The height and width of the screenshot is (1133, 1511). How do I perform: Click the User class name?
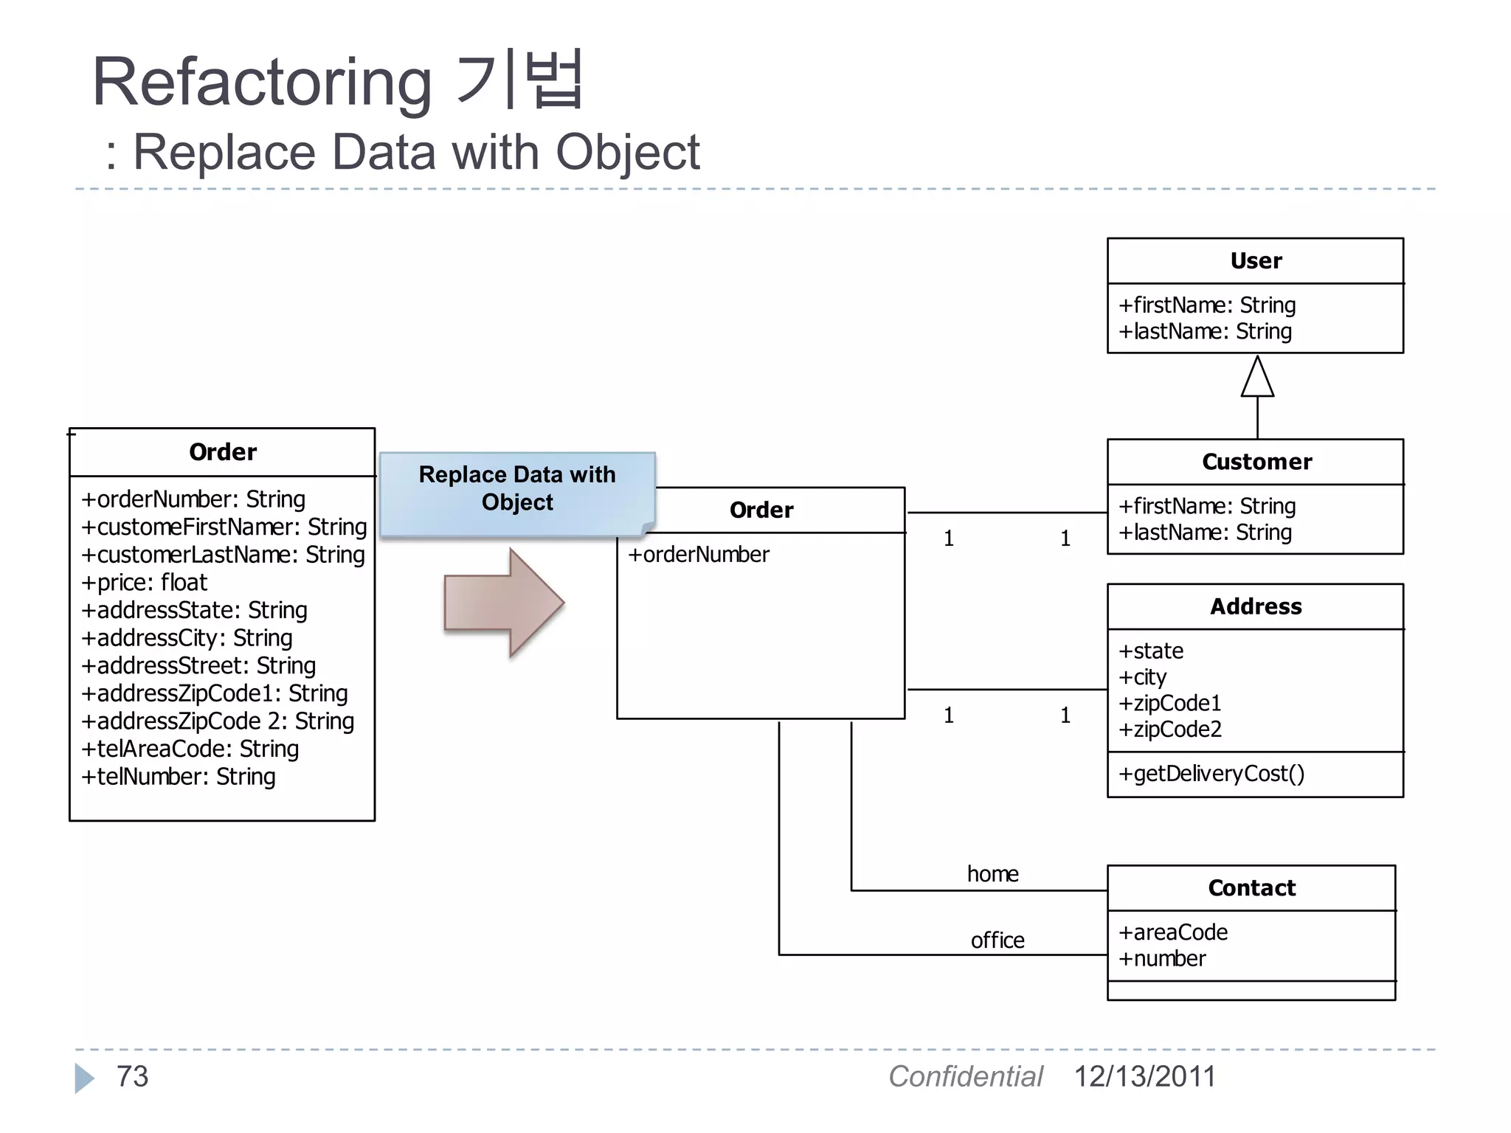1256,261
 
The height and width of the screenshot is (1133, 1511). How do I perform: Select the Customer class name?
1256,462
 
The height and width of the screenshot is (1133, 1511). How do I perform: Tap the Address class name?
1256,606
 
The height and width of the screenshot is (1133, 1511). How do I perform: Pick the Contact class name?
1251,888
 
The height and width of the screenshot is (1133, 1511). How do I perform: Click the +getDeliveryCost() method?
1211,774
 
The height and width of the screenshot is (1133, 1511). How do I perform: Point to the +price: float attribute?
145,583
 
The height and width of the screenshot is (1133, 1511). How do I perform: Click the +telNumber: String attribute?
179,777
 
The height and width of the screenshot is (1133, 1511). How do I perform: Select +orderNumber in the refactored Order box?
698,555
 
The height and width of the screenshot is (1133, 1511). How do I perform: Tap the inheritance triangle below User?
1257,378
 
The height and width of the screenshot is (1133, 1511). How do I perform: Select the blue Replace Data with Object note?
516,489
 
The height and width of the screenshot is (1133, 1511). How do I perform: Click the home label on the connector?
992,874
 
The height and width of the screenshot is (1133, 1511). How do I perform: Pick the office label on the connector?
997,940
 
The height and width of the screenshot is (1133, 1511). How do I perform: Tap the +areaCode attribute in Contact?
1173,932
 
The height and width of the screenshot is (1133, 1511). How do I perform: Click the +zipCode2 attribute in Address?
1170,730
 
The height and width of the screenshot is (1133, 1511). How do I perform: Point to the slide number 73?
132,1077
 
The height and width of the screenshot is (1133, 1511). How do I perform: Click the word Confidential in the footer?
965,1077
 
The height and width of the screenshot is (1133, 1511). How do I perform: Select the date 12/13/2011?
1144,1077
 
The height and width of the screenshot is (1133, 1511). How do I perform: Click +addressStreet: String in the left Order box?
198,666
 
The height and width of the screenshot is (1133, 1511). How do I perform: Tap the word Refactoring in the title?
262,83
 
